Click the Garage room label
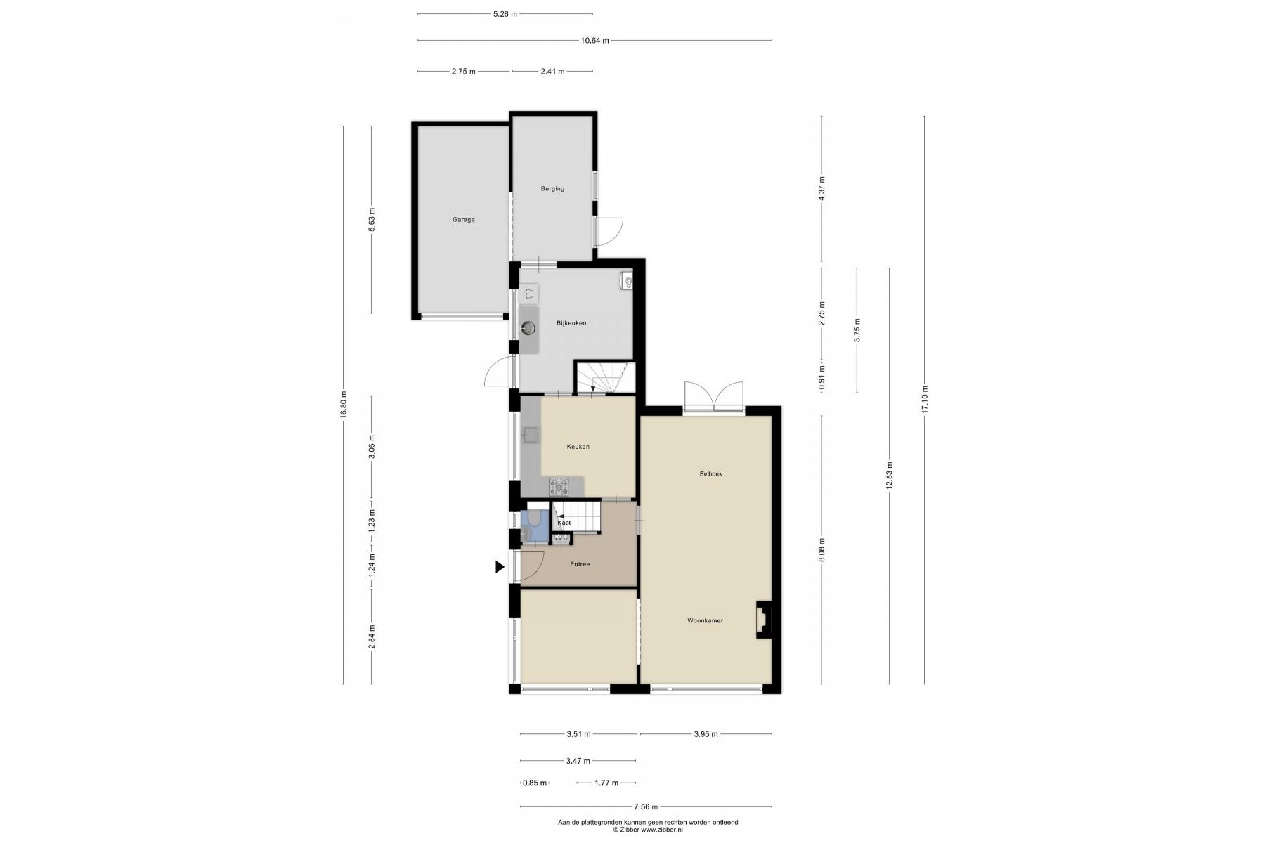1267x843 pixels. pyautogui.click(x=463, y=220)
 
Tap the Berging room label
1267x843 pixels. pyautogui.click(x=552, y=189)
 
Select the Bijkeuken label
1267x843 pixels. pyautogui.click(x=571, y=323)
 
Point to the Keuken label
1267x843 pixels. pyautogui.click(x=578, y=447)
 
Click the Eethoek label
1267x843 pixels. pyautogui.click(x=710, y=474)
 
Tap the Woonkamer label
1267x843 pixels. pyautogui.click(x=705, y=621)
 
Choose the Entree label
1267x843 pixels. pyautogui.click(x=580, y=564)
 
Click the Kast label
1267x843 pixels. pyautogui.click(x=564, y=523)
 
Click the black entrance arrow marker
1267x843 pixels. pyautogui.click(x=500, y=567)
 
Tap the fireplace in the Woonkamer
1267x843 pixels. pyautogui.click(x=764, y=620)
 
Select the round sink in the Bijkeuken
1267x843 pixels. pyautogui.click(x=528, y=327)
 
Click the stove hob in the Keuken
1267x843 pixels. pyautogui.click(x=560, y=485)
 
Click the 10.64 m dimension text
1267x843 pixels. pyautogui.click(x=594, y=41)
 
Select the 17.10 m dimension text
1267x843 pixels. pyautogui.click(x=925, y=400)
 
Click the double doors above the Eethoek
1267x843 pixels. pyautogui.click(x=714, y=398)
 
